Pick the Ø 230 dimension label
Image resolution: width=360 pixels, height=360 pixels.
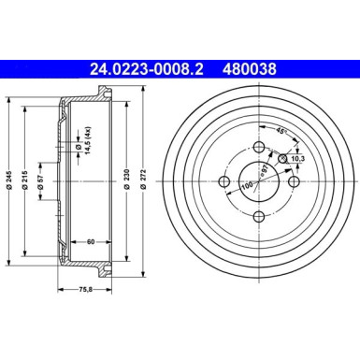coord(125,186)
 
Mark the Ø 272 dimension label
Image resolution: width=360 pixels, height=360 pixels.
coord(142,186)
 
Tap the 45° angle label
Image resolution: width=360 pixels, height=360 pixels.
coord(281,130)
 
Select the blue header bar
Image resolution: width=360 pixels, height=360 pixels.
coord(180,68)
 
